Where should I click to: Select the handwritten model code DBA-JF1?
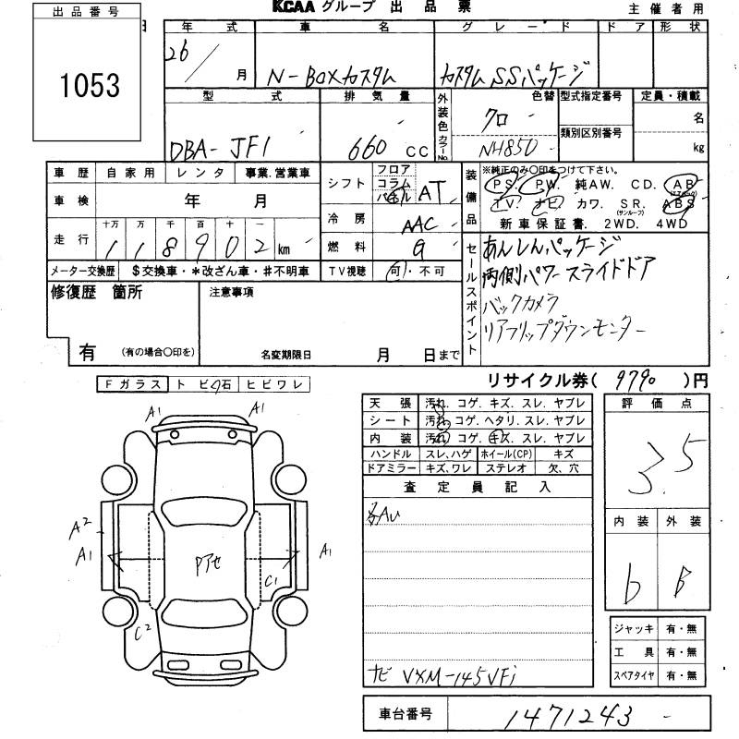coord(235,146)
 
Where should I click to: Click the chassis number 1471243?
coord(563,714)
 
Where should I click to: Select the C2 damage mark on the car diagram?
coord(141,634)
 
